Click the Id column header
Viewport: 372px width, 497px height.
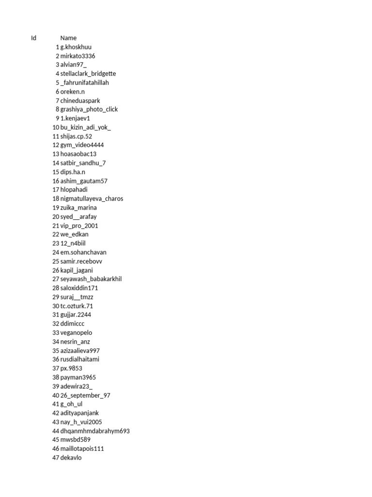pos(33,38)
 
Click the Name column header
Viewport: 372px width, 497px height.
pos(68,38)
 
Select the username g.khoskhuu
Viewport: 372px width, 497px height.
pos(76,47)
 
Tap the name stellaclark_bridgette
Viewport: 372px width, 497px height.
pos(88,74)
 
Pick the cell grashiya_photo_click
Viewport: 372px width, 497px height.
pos(89,109)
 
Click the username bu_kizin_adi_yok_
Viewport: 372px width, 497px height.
pos(86,127)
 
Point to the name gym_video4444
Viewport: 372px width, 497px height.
pos(82,145)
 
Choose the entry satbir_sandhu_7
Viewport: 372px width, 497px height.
pos(83,163)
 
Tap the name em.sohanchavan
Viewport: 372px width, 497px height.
pos(83,252)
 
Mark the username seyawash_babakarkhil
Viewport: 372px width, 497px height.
pos(91,279)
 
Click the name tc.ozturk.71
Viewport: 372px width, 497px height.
pos(77,306)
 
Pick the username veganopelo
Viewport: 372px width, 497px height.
pos(76,333)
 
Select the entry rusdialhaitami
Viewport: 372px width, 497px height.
pos(80,360)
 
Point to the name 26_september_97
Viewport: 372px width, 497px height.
pos(85,396)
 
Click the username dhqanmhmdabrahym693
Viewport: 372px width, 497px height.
pos(95,431)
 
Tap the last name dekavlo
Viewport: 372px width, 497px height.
pos(71,458)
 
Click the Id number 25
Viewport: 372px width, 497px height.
pos(56,262)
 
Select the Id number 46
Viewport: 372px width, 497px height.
pos(56,449)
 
